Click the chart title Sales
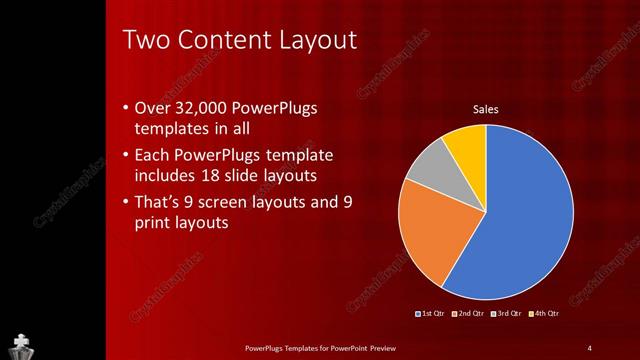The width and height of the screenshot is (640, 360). pyautogui.click(x=485, y=110)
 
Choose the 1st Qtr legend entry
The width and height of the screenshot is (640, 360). pyautogui.click(x=432, y=314)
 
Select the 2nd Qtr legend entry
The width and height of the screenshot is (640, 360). pyautogui.click(x=471, y=314)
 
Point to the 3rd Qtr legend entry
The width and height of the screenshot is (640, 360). pyautogui.click(x=508, y=314)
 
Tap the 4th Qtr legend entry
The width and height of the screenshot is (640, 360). pyautogui.click(x=545, y=314)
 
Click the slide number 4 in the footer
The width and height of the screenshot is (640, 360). pyautogui.click(x=589, y=347)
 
